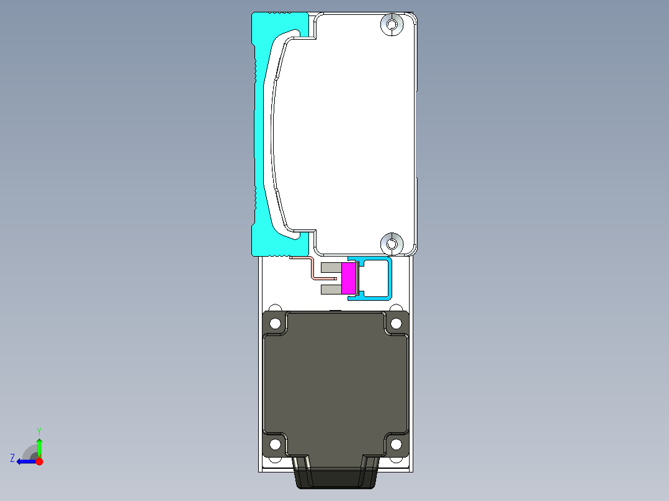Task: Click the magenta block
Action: coord(349,278)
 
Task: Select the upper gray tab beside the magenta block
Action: coord(331,268)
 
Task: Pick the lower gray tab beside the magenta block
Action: coord(331,290)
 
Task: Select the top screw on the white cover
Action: coord(392,24)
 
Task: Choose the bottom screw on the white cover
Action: coord(392,244)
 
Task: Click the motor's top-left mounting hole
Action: coord(275,324)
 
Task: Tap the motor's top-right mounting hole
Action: coord(396,324)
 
